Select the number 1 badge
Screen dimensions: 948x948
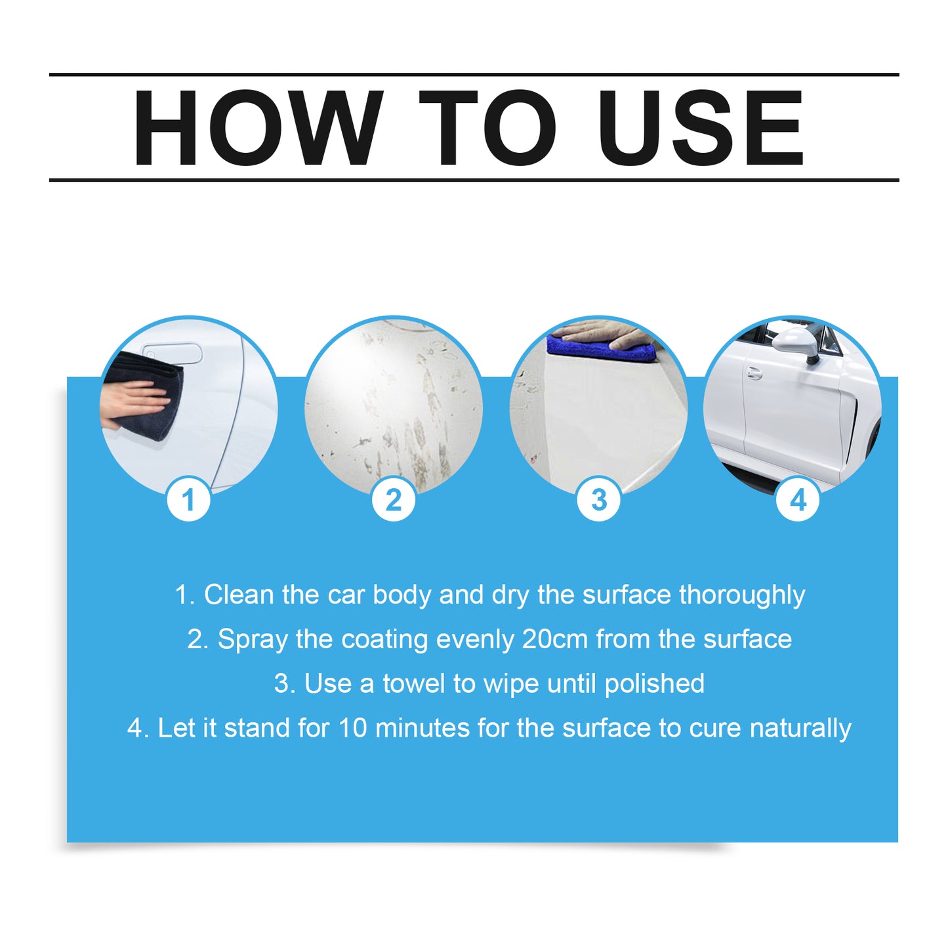[x=188, y=501]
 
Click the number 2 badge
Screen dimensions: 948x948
[x=394, y=501]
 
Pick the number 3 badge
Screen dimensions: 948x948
[x=598, y=501]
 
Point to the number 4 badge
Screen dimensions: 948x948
[x=798, y=501]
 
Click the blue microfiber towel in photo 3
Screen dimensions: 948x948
[x=600, y=349]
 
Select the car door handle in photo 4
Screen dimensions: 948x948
[x=754, y=373]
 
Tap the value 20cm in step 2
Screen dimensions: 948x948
[x=555, y=640]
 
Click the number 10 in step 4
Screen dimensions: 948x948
[x=352, y=728]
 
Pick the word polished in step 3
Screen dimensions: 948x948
[x=654, y=684]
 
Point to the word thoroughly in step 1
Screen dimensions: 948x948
[x=742, y=596]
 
